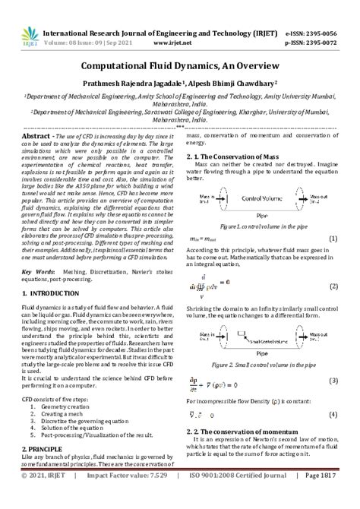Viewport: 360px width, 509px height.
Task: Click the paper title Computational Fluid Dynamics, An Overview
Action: click(x=179, y=66)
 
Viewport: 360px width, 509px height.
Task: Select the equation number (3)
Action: click(x=333, y=381)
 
